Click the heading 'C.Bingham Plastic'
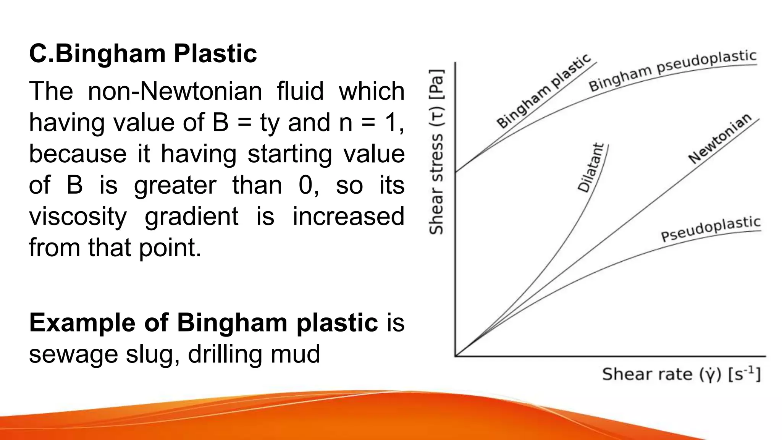coord(143,53)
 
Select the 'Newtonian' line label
coord(719,138)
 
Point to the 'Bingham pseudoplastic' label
coord(672,75)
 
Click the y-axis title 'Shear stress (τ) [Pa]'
coord(436,152)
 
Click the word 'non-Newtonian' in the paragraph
coord(175,91)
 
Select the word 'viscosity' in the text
coord(78,217)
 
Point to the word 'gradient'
coord(191,217)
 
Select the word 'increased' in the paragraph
coord(348,217)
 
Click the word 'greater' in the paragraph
coord(175,185)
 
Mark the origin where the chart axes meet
coord(455,356)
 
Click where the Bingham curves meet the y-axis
coord(455,171)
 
